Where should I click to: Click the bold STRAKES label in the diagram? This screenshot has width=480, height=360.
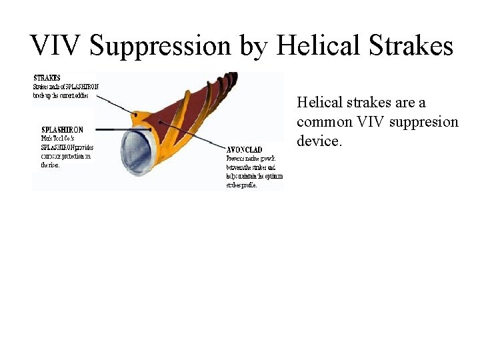coord(47,78)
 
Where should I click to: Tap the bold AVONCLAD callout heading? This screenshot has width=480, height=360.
coord(244,150)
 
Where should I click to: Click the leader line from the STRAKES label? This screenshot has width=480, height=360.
coord(117,103)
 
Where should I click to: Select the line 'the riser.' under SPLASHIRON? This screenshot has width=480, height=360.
coord(51,165)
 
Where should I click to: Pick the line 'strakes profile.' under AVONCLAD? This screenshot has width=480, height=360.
coord(241,185)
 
